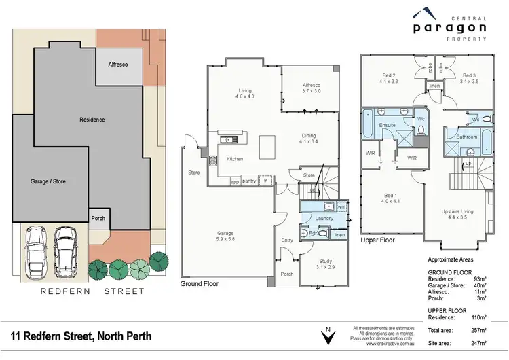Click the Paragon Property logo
tap(449, 26)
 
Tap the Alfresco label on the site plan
tap(119, 64)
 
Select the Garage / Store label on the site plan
tap(48, 181)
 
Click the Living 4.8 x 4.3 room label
tap(245, 94)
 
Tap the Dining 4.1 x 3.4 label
tap(308, 139)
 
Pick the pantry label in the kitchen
tap(248, 181)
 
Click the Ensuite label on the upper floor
tap(387, 126)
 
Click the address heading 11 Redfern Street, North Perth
tap(81, 336)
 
